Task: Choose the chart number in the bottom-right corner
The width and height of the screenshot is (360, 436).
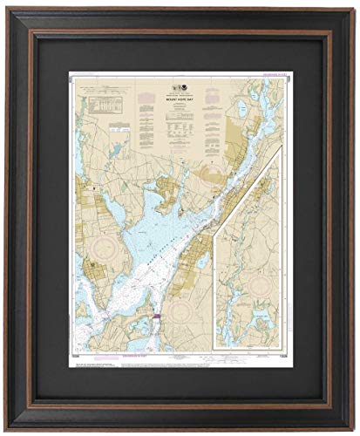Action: (278, 355)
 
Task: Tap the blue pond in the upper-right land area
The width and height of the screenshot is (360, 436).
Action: (241, 109)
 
